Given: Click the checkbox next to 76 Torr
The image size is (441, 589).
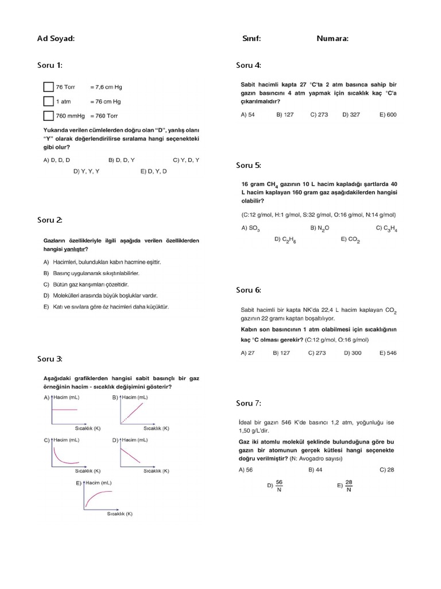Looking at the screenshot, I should click(x=48, y=87).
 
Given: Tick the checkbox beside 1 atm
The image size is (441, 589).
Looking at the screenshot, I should click(x=48, y=101).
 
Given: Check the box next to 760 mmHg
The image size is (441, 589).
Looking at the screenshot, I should click(x=48, y=116).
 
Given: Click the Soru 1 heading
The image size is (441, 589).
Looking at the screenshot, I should click(x=50, y=65).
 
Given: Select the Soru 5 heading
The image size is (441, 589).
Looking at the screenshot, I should click(x=249, y=165).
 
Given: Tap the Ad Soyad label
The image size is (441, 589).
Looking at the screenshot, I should click(x=56, y=39).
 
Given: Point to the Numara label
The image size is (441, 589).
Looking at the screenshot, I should click(x=332, y=39).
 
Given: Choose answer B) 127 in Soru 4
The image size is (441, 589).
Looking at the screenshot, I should click(x=285, y=114).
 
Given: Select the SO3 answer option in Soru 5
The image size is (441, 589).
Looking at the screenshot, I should click(x=250, y=228).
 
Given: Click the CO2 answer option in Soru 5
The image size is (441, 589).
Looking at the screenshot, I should click(x=350, y=239).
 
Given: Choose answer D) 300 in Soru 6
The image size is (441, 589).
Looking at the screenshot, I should click(x=353, y=353).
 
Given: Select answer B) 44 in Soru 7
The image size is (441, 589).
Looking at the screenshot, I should click(x=315, y=469).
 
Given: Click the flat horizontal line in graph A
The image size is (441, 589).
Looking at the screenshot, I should click(x=64, y=409).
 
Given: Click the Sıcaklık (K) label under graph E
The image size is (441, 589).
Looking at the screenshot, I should click(x=119, y=514).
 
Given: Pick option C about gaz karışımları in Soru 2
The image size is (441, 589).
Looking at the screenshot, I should click(x=86, y=284).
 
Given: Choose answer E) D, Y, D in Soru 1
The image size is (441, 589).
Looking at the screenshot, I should click(x=153, y=171).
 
